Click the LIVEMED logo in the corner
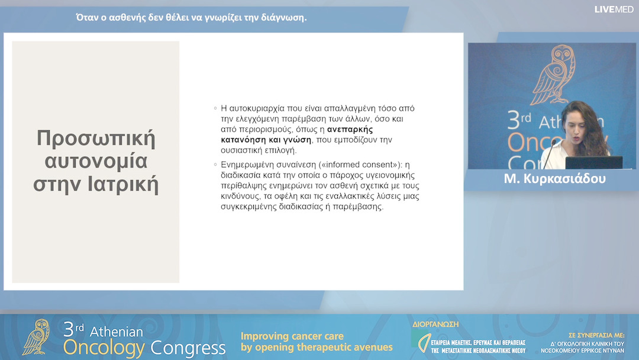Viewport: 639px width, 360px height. pos(614,9)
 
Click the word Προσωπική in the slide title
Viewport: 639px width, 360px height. pos(96,139)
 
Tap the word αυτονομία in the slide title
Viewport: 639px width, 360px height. pos(96,161)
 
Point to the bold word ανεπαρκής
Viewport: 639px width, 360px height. pos(350,129)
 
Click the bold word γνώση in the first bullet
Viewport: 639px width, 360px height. pos(297,139)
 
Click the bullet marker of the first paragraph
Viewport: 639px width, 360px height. pos(215,108)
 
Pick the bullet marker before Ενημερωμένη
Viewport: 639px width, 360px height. pos(215,165)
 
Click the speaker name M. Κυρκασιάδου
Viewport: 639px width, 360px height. pos(554,179)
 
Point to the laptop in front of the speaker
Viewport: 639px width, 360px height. pos(594,162)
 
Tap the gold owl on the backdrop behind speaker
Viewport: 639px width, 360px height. pos(553,75)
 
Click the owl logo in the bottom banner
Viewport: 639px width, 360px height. pos(37,337)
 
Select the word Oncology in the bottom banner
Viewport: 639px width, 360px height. pos(104,347)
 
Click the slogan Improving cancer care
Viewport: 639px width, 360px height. pos(292,336)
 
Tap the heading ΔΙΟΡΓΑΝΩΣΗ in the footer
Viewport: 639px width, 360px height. pos(435,324)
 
